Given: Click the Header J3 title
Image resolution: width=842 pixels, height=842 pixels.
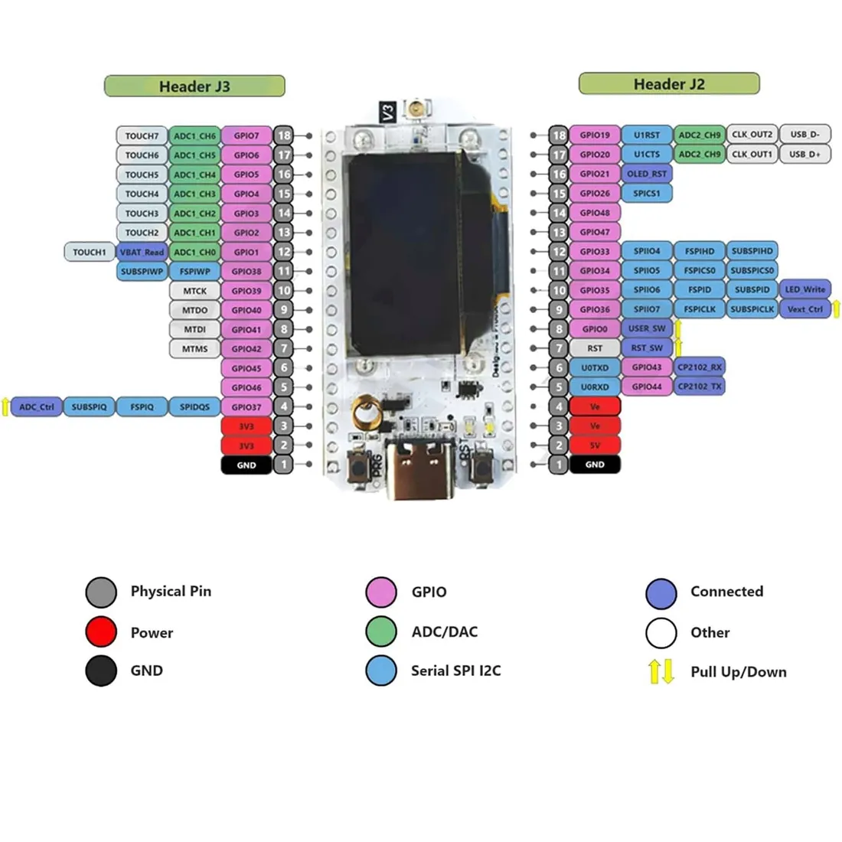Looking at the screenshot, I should [194, 86].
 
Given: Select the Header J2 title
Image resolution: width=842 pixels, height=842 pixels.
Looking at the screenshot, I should [668, 83].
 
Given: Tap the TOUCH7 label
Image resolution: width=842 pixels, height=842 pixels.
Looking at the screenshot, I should [142, 136].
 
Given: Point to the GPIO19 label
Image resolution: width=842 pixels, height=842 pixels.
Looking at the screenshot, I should [595, 135].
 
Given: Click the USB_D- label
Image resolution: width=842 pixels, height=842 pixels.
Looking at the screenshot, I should [804, 135].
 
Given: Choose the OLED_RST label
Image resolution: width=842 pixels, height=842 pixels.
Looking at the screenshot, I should [647, 174].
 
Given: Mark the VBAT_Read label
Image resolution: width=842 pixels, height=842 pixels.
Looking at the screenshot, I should [142, 252].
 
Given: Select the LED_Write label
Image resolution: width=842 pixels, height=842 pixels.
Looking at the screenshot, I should [804, 289].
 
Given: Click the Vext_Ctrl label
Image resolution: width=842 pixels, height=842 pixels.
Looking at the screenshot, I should [804, 309].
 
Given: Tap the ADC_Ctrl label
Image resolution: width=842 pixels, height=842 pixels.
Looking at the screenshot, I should [36, 407].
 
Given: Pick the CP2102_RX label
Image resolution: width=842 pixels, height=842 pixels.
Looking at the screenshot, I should [699, 367].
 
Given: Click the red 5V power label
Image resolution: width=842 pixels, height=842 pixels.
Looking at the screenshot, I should [595, 445].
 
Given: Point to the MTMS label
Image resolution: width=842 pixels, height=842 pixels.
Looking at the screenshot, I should [194, 349].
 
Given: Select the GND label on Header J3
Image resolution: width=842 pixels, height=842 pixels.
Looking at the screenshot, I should [246, 465].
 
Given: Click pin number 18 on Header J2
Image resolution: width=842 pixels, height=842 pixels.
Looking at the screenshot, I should [559, 135].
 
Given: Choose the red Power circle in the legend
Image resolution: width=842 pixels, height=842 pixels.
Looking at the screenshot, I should [101, 632].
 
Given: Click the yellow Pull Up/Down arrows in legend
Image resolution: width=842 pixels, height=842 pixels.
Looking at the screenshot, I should [661, 671].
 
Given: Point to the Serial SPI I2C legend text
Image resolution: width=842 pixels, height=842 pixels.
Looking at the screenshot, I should [455, 671].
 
